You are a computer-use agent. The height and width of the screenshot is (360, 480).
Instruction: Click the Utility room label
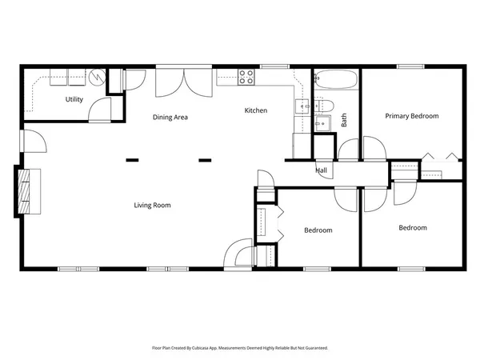tap(74, 99)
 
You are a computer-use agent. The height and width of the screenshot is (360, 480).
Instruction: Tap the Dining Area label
tap(170, 118)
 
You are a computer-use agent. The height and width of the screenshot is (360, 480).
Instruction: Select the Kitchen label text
tap(256, 110)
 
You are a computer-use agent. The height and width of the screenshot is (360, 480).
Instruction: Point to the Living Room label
tap(152, 206)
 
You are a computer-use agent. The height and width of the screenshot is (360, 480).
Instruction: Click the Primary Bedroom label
tap(412, 116)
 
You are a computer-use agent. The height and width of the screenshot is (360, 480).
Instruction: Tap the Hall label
tap(321, 170)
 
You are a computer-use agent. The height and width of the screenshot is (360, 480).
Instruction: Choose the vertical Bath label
tap(345, 120)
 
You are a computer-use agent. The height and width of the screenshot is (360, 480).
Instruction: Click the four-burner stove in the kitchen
tap(246, 78)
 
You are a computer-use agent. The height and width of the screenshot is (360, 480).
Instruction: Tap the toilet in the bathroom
tap(325, 105)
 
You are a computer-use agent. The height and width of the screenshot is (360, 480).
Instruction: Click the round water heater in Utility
tap(98, 78)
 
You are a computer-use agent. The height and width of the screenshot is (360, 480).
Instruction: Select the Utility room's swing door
tap(99, 110)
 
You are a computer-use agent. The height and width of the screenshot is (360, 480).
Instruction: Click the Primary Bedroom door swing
tap(374, 149)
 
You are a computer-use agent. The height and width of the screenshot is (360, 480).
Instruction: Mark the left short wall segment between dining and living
tap(132, 160)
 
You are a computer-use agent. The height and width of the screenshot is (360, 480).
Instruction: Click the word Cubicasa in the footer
tap(213, 348)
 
